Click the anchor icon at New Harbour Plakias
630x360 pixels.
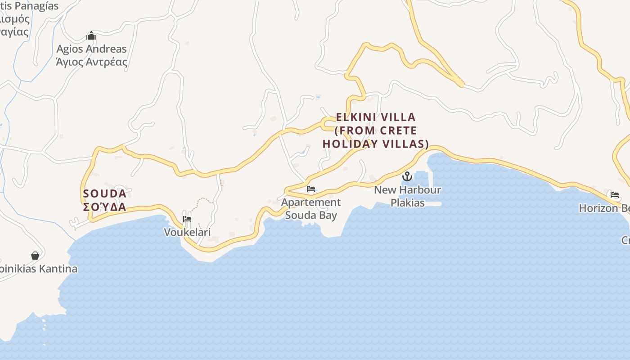point(407,176)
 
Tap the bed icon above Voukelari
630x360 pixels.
point(187,219)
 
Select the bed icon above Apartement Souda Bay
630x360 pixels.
point(311,189)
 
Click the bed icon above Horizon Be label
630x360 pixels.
point(615,195)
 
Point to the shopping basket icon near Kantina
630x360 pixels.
point(35,256)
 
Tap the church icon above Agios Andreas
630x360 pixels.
point(91,36)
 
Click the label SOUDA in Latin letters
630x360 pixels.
point(105,194)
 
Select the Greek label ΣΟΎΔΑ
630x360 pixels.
point(105,207)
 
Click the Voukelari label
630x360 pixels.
point(187,232)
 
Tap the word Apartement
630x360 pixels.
point(311,202)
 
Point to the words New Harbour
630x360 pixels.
point(407,189)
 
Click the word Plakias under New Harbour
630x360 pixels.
point(407,202)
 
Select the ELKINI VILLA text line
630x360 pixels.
point(376,117)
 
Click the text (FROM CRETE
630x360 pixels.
point(376,130)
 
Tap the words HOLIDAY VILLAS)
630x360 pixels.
point(376,144)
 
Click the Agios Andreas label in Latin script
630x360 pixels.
point(91,49)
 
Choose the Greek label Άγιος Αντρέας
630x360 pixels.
point(91,62)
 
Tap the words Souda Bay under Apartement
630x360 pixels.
point(311,215)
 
